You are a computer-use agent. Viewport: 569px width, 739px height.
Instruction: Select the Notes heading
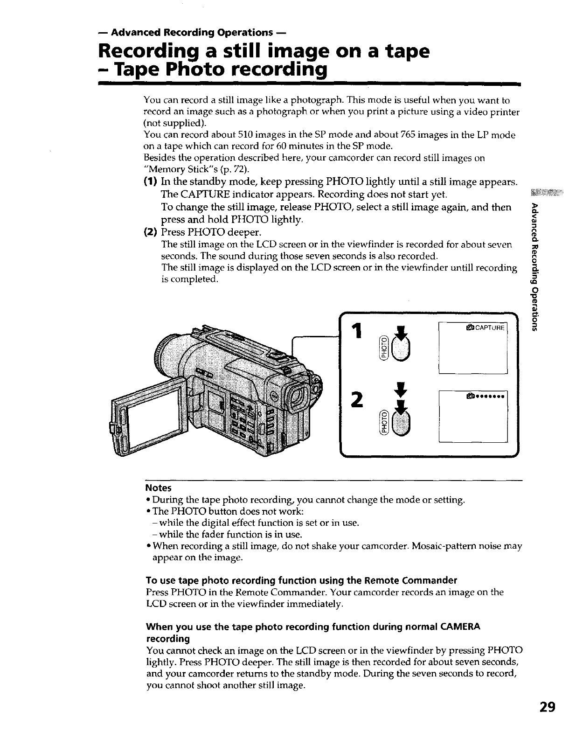tap(159, 488)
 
